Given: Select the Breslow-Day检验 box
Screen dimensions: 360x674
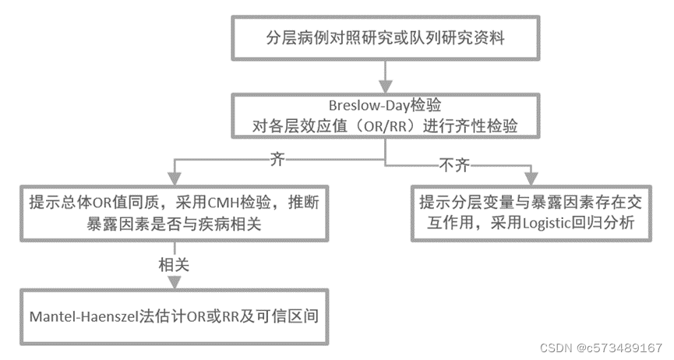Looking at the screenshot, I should click(385, 115).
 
